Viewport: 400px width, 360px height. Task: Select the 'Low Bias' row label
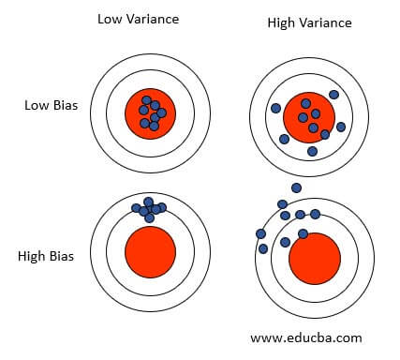point(50,105)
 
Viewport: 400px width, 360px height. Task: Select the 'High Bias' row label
point(46,254)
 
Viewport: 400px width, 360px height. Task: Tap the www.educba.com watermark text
point(306,337)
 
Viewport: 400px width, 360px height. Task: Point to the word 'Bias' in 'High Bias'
point(61,254)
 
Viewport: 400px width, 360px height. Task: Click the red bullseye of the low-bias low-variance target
point(150,113)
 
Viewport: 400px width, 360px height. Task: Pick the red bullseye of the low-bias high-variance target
point(308,117)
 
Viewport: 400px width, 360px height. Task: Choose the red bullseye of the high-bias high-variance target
point(314,260)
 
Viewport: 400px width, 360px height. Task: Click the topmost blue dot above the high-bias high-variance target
point(297,187)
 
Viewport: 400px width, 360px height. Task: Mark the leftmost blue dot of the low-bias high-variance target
point(275,108)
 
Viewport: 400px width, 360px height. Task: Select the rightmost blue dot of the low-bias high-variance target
point(341,127)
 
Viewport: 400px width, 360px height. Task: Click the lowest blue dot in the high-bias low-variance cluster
point(150,217)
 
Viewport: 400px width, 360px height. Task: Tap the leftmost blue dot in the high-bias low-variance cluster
point(137,207)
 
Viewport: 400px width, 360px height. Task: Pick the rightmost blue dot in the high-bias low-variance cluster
point(162,206)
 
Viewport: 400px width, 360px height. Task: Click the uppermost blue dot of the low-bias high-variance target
point(333,94)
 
